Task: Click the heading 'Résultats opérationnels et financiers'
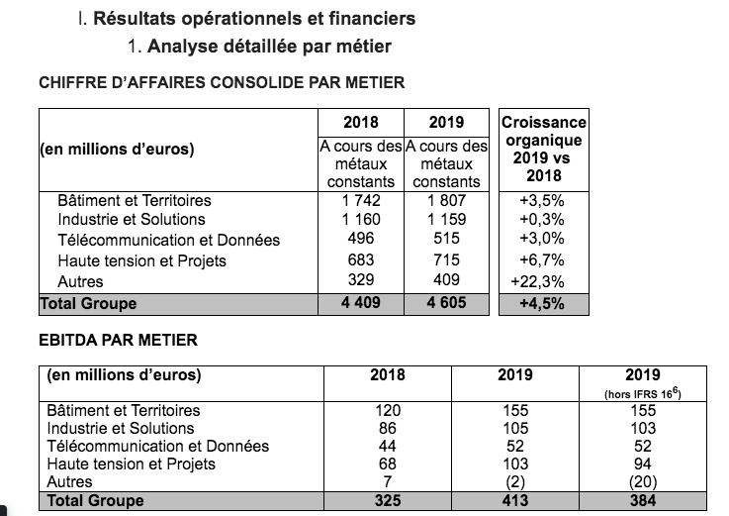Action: point(254,19)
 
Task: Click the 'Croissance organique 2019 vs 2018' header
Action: point(544,149)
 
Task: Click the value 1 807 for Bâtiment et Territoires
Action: point(447,200)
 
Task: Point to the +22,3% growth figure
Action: point(544,281)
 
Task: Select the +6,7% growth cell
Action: point(544,260)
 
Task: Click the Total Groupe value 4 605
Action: point(447,303)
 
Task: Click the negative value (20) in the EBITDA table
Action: point(644,482)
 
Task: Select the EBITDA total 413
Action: point(516,501)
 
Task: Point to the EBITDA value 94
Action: point(644,464)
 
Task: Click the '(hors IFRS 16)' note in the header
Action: point(644,393)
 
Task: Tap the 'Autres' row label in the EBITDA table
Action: point(70,482)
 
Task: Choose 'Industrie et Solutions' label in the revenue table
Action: point(132,219)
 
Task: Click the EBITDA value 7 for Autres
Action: point(387,482)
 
